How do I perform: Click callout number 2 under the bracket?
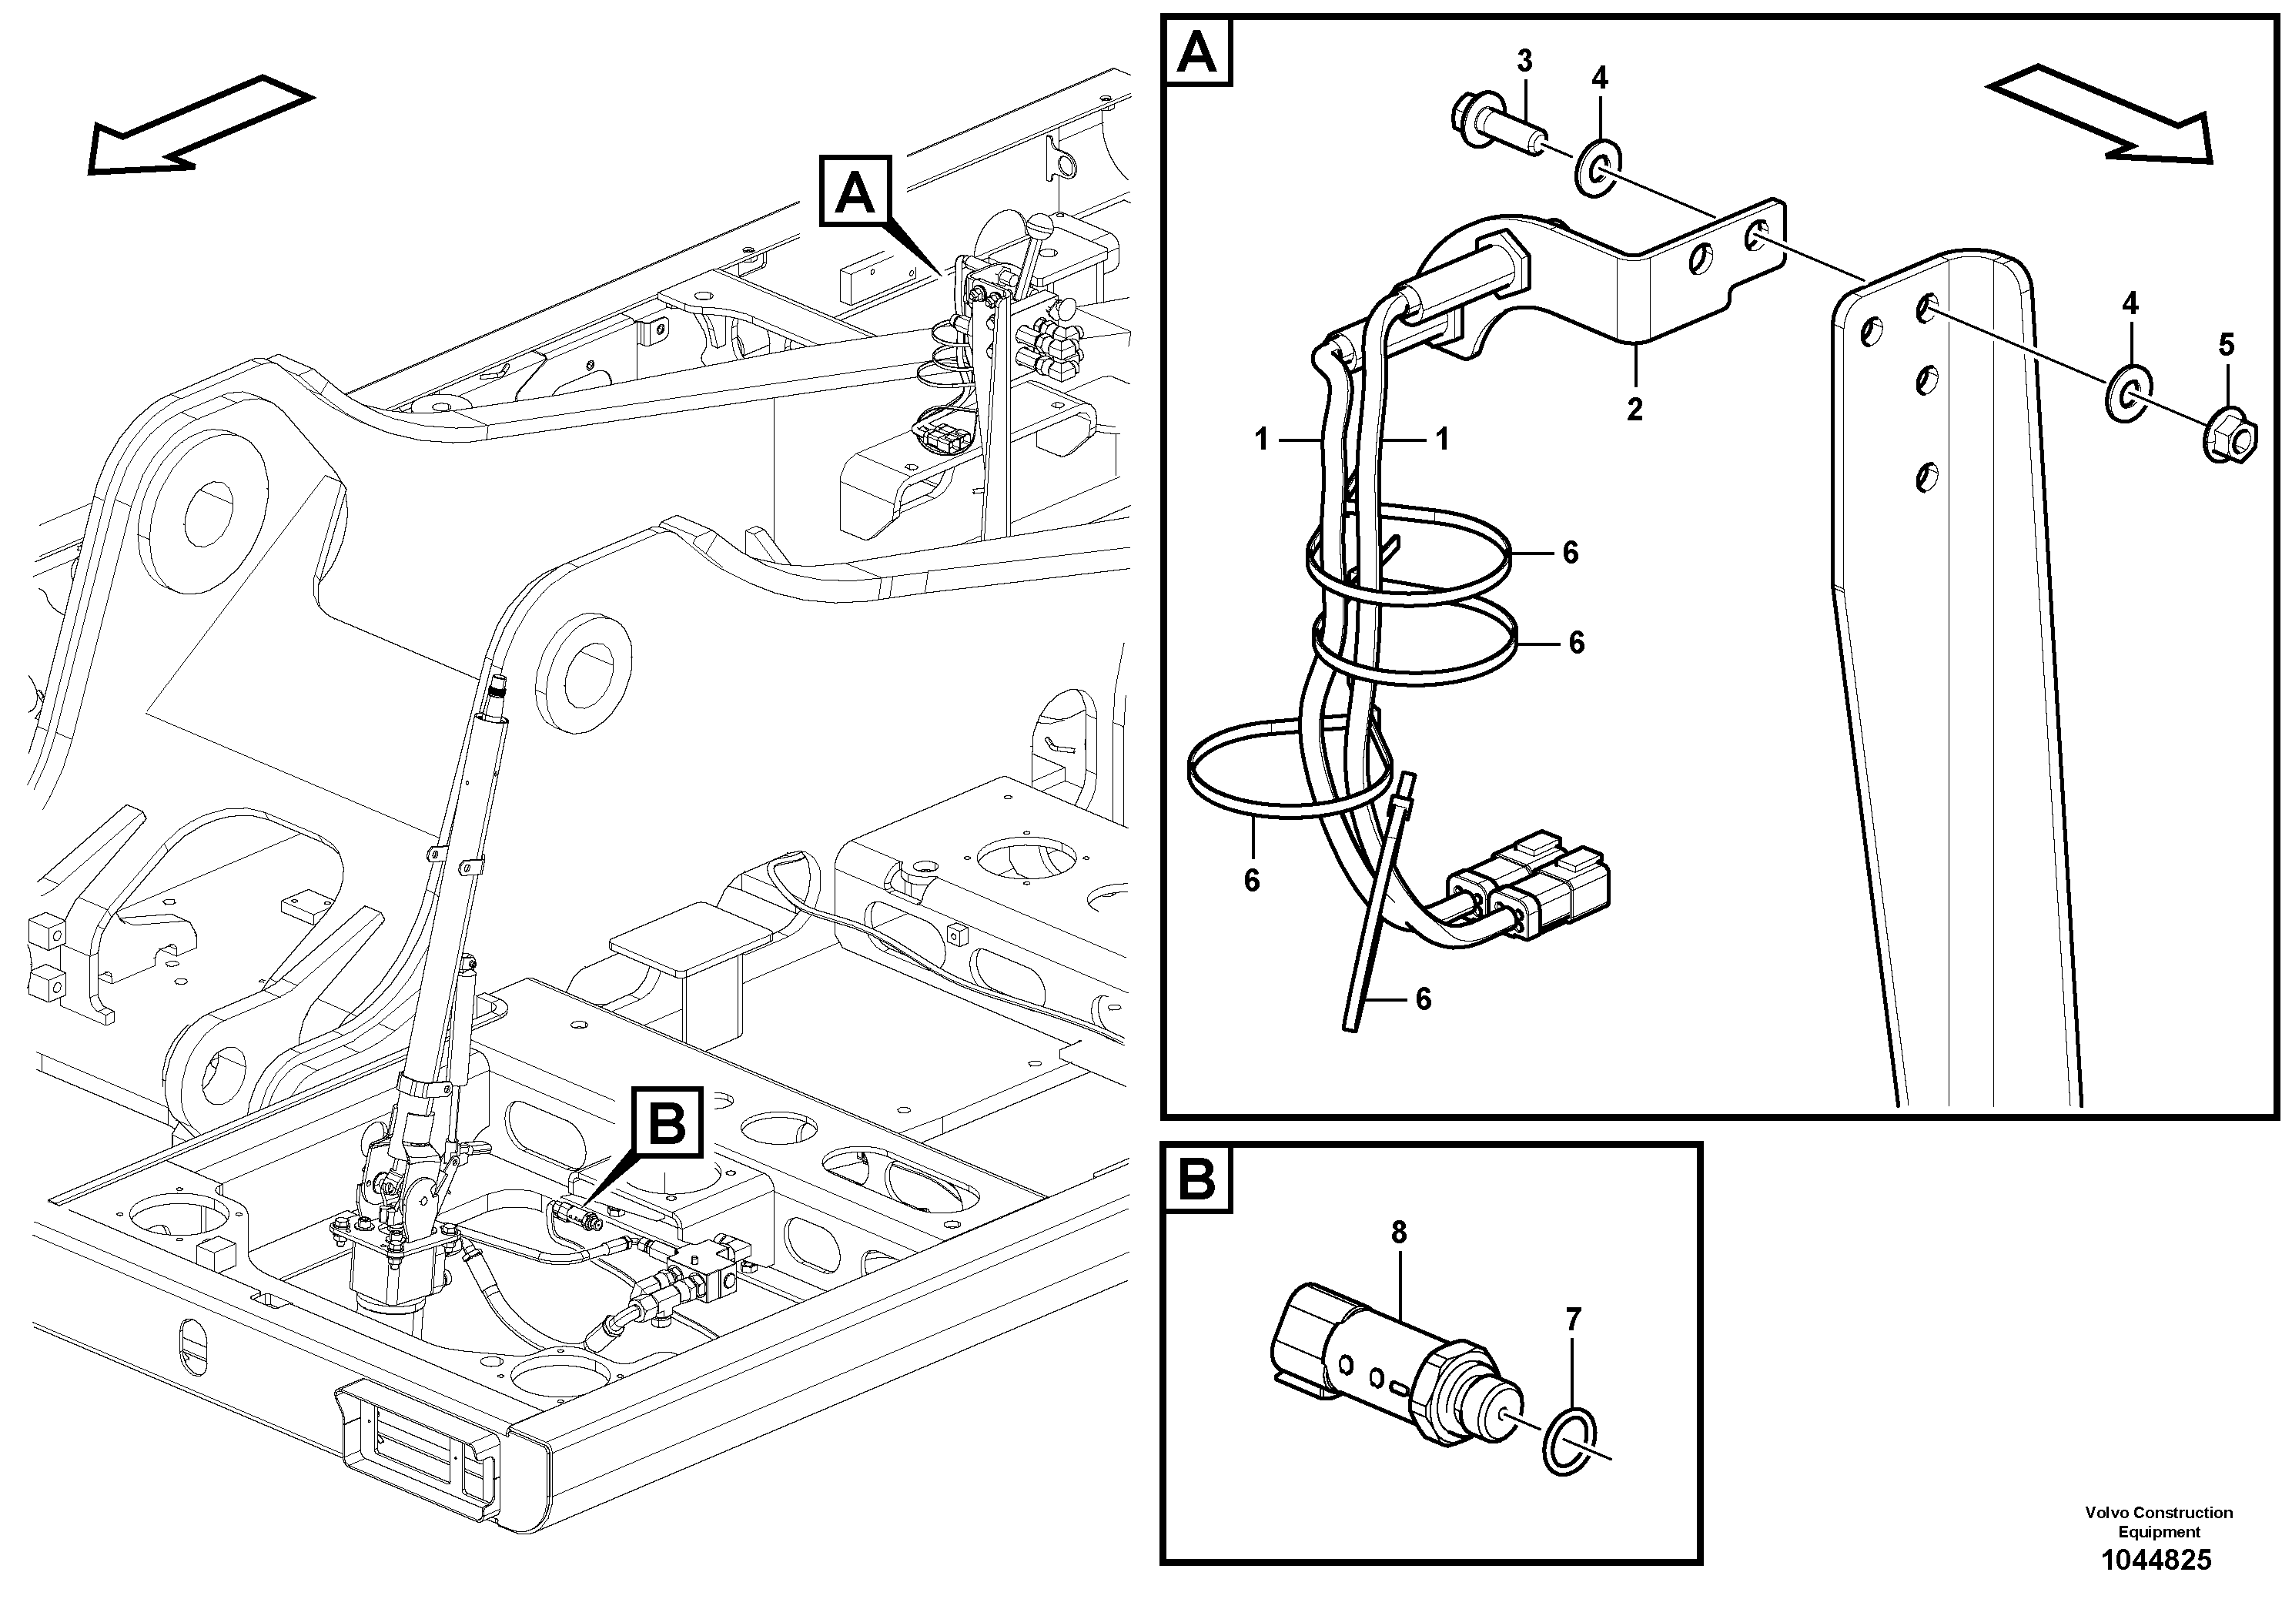pyautogui.click(x=1635, y=410)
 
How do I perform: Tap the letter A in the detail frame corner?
pyautogui.click(x=1198, y=53)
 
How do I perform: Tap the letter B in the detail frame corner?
pyautogui.click(x=1197, y=1180)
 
